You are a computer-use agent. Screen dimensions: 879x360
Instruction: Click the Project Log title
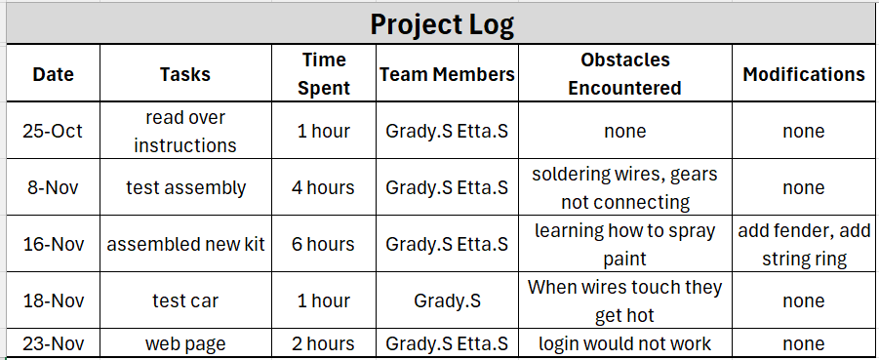[442, 24]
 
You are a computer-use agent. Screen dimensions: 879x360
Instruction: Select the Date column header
[54, 74]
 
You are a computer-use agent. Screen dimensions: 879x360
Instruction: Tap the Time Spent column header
[324, 73]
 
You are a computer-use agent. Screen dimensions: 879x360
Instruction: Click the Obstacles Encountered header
[625, 73]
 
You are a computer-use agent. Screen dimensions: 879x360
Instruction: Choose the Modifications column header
[804, 74]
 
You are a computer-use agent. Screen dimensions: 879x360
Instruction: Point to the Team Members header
[448, 74]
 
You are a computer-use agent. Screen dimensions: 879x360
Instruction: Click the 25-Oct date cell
[53, 131]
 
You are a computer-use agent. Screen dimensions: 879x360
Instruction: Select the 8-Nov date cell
[53, 187]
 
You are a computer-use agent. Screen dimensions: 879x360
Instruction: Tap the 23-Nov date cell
[54, 343]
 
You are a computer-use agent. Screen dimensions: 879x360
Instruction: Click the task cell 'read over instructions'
[185, 131]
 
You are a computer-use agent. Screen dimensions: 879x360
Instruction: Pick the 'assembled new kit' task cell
[185, 245]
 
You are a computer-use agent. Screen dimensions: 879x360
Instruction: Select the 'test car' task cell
[185, 301]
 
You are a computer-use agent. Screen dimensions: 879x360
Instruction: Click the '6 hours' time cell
[323, 245]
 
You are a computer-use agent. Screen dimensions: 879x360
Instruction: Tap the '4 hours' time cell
[323, 187]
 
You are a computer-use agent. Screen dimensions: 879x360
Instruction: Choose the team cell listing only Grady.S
[448, 301]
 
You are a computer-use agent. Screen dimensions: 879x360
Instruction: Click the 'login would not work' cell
[625, 343]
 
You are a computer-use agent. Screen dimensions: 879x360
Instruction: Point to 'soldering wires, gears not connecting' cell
[625, 188]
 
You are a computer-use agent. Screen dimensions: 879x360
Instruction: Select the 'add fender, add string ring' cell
[804, 245]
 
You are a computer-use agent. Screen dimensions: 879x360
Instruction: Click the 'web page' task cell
[185, 343]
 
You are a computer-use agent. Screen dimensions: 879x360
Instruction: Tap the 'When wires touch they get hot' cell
[625, 301]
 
